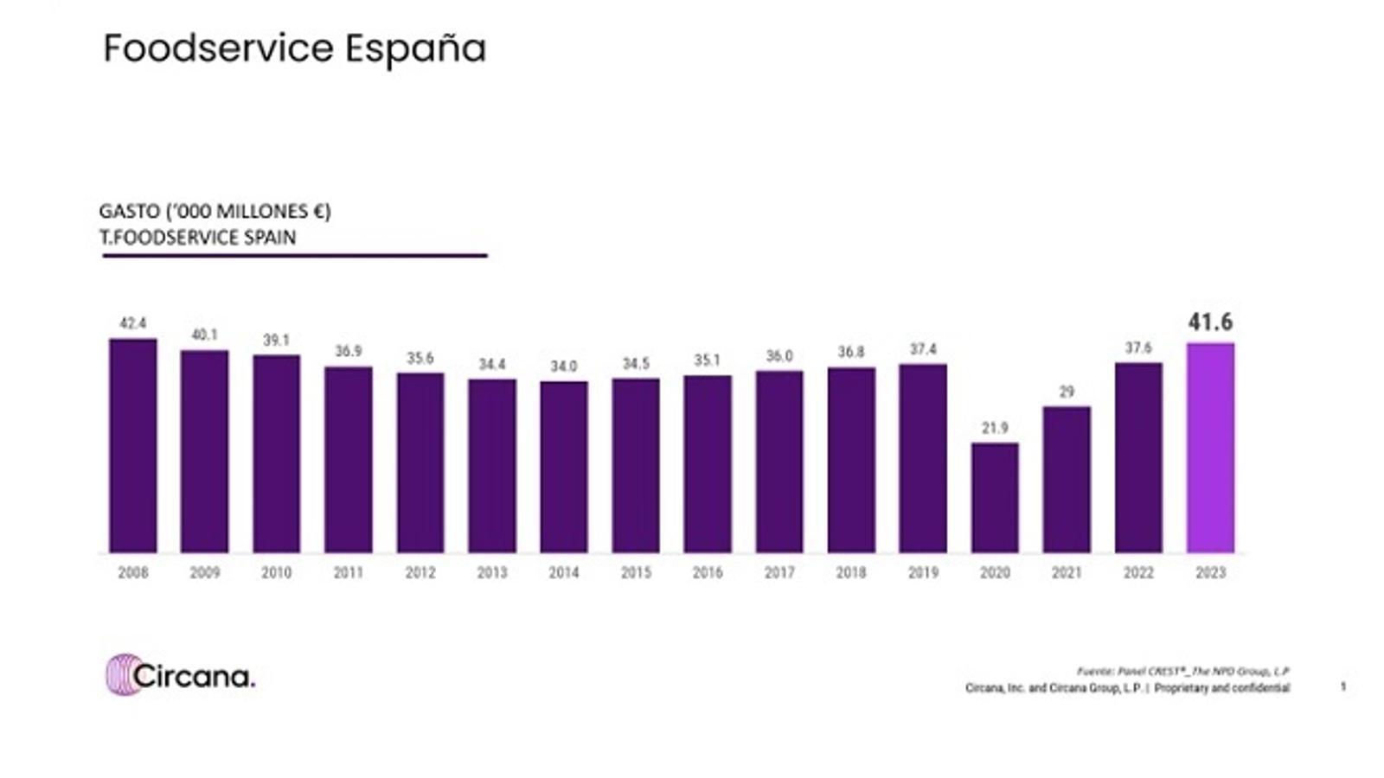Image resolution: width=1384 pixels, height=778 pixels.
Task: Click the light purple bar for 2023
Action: coord(1210,448)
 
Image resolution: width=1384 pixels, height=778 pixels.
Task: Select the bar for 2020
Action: coord(995,498)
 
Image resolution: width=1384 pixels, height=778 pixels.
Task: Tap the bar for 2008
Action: coord(133,445)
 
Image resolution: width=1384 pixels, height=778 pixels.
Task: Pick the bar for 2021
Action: coord(1067,480)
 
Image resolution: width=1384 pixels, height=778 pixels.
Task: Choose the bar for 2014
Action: coord(564,467)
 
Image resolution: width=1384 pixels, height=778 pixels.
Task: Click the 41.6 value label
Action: coord(1210,322)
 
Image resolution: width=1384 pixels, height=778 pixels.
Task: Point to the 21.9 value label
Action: coord(995,428)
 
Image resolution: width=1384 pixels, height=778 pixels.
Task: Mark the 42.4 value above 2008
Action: coord(133,323)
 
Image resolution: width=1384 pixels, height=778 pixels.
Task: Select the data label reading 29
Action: coord(1067,392)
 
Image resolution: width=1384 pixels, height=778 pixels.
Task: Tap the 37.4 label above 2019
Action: coord(923,349)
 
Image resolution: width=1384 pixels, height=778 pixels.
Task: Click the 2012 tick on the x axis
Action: coord(420,572)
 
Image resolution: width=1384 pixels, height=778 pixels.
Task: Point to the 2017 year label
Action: coord(779,572)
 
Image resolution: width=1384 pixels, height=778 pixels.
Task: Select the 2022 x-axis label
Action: coord(1138,572)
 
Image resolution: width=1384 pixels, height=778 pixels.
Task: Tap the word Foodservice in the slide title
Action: coord(218,48)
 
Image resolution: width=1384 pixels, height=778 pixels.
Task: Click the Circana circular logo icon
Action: coord(122,674)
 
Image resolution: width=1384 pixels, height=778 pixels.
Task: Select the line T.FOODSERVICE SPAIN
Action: coord(198,238)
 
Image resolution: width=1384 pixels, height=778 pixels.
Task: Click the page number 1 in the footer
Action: coord(1343,687)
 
